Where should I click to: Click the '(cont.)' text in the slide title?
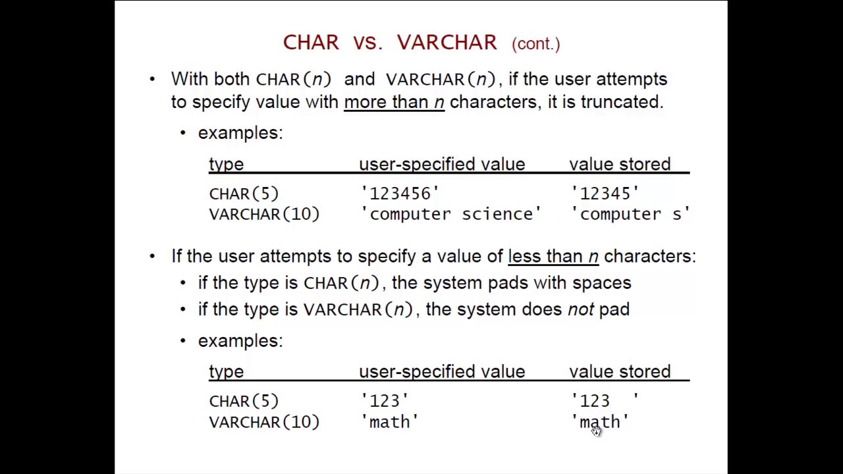click(535, 44)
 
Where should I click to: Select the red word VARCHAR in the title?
click(447, 43)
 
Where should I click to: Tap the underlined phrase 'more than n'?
click(394, 102)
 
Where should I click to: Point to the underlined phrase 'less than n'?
click(553, 256)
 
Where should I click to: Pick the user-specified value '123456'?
click(400, 194)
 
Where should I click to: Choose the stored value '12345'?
click(605, 194)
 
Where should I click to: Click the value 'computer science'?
click(451, 214)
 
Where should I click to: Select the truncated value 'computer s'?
click(630, 214)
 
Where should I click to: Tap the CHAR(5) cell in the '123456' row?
click(244, 194)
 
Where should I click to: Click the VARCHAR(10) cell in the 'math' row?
click(264, 422)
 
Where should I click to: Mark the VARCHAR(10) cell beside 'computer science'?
click(264, 214)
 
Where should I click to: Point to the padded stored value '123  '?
click(605, 401)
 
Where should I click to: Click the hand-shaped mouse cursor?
click(596, 431)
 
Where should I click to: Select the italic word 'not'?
click(580, 309)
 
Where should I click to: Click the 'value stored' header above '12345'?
click(620, 164)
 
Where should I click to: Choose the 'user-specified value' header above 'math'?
click(442, 371)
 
